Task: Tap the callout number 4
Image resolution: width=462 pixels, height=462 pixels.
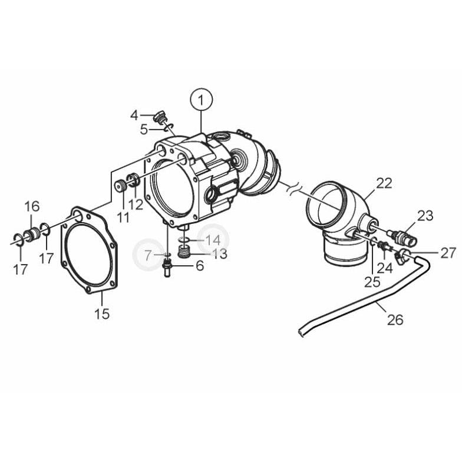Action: pos(134,114)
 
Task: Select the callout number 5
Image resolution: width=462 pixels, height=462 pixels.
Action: pos(143,129)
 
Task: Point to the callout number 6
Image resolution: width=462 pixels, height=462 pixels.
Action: pos(200,266)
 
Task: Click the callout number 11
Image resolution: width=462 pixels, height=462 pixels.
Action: pos(123,217)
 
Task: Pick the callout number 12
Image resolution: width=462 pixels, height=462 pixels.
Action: pos(136,204)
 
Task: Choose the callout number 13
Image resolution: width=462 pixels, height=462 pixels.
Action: pos(219,254)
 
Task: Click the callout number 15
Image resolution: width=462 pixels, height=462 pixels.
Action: pos(101,313)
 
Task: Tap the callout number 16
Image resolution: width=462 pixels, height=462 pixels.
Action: pos(32,206)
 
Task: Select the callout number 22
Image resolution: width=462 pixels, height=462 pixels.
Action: pos(384,183)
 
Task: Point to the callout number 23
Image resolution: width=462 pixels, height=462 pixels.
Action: pos(425,216)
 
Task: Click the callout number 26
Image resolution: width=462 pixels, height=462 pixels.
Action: pos(395,319)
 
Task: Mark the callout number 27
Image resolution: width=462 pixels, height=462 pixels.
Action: pos(448,253)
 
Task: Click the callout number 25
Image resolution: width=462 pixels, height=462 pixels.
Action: pos(372,281)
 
